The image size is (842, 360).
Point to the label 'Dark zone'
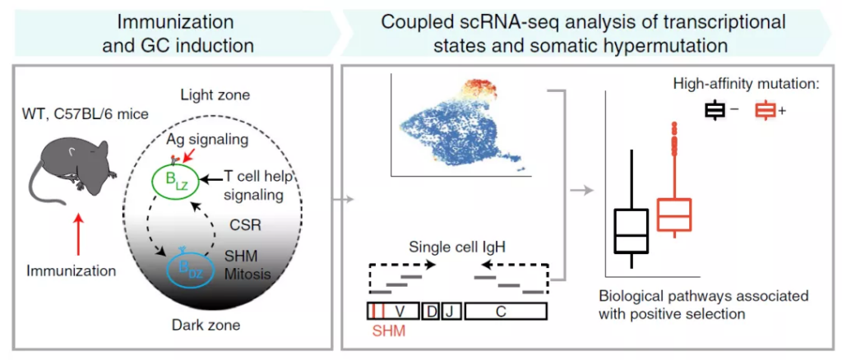pyautogui.click(x=212, y=325)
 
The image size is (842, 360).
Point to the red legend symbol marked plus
pyautogui.click(x=765, y=110)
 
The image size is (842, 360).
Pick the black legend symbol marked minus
pyautogui.click(x=715, y=110)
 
